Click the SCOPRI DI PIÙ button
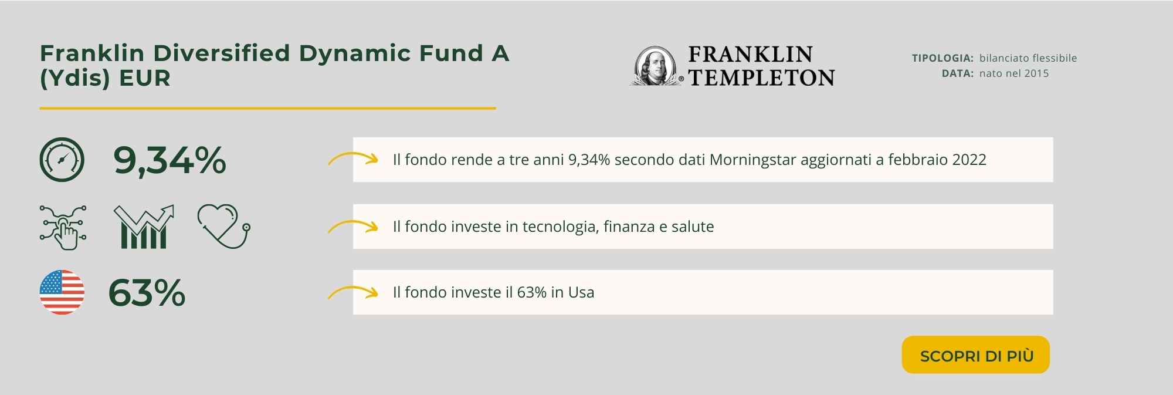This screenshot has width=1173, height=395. (x=975, y=355)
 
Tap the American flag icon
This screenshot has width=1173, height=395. (x=62, y=292)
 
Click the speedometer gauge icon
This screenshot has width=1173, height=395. (x=62, y=160)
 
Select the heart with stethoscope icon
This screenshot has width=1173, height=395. (x=223, y=227)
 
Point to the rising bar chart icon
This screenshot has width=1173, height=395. (x=144, y=227)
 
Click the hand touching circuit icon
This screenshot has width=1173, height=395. (x=63, y=228)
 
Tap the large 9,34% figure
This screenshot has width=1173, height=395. (x=169, y=160)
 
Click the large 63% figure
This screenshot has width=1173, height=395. (x=147, y=293)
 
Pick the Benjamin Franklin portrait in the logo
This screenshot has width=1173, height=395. (x=656, y=66)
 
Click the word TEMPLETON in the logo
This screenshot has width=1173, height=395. (x=761, y=77)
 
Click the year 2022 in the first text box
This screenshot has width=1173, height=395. (x=969, y=160)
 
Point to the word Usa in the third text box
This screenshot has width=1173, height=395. (x=581, y=292)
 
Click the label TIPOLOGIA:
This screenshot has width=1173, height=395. (x=943, y=58)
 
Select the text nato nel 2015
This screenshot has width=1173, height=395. (x=1014, y=73)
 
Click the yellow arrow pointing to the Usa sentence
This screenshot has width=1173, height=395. (x=352, y=291)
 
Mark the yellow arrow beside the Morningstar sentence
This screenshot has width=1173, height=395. (x=352, y=158)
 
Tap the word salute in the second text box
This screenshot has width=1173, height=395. (x=693, y=227)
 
